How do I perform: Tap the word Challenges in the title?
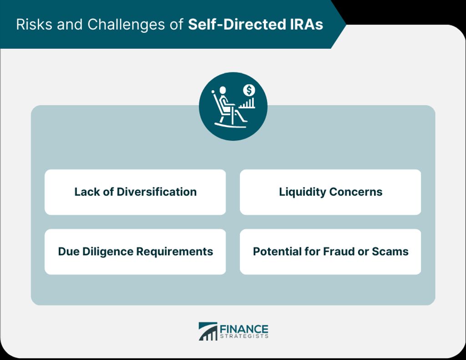click(x=126, y=25)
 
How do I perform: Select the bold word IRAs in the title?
click(x=305, y=25)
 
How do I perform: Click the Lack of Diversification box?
click(x=135, y=192)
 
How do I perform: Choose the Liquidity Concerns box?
click(x=330, y=192)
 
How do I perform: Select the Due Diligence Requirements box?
click(x=135, y=252)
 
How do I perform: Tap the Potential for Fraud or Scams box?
click(x=330, y=252)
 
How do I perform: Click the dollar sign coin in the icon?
click(x=249, y=90)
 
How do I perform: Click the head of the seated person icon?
click(x=223, y=90)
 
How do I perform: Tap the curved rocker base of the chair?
click(x=230, y=126)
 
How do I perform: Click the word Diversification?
click(x=157, y=192)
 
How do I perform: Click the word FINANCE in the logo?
click(x=244, y=330)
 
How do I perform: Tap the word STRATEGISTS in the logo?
click(x=244, y=336)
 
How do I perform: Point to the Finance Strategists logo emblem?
click(x=208, y=331)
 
